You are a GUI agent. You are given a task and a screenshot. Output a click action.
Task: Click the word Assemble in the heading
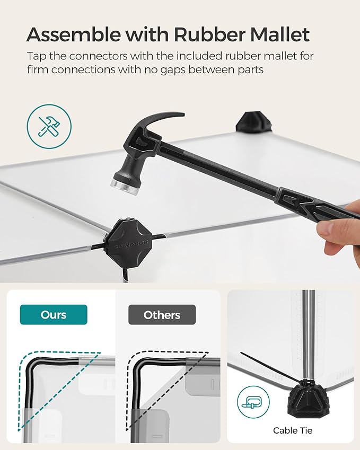(x=74, y=35)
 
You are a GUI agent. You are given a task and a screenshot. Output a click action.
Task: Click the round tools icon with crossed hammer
(x=49, y=127)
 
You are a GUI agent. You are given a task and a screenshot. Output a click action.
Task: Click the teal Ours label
(x=54, y=315)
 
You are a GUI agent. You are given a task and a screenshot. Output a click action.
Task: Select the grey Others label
(x=162, y=315)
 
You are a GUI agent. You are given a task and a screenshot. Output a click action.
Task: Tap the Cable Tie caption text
(x=293, y=430)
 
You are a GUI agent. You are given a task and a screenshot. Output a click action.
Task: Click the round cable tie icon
(x=253, y=402)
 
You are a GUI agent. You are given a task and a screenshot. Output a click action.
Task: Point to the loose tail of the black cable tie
(x=270, y=367)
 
